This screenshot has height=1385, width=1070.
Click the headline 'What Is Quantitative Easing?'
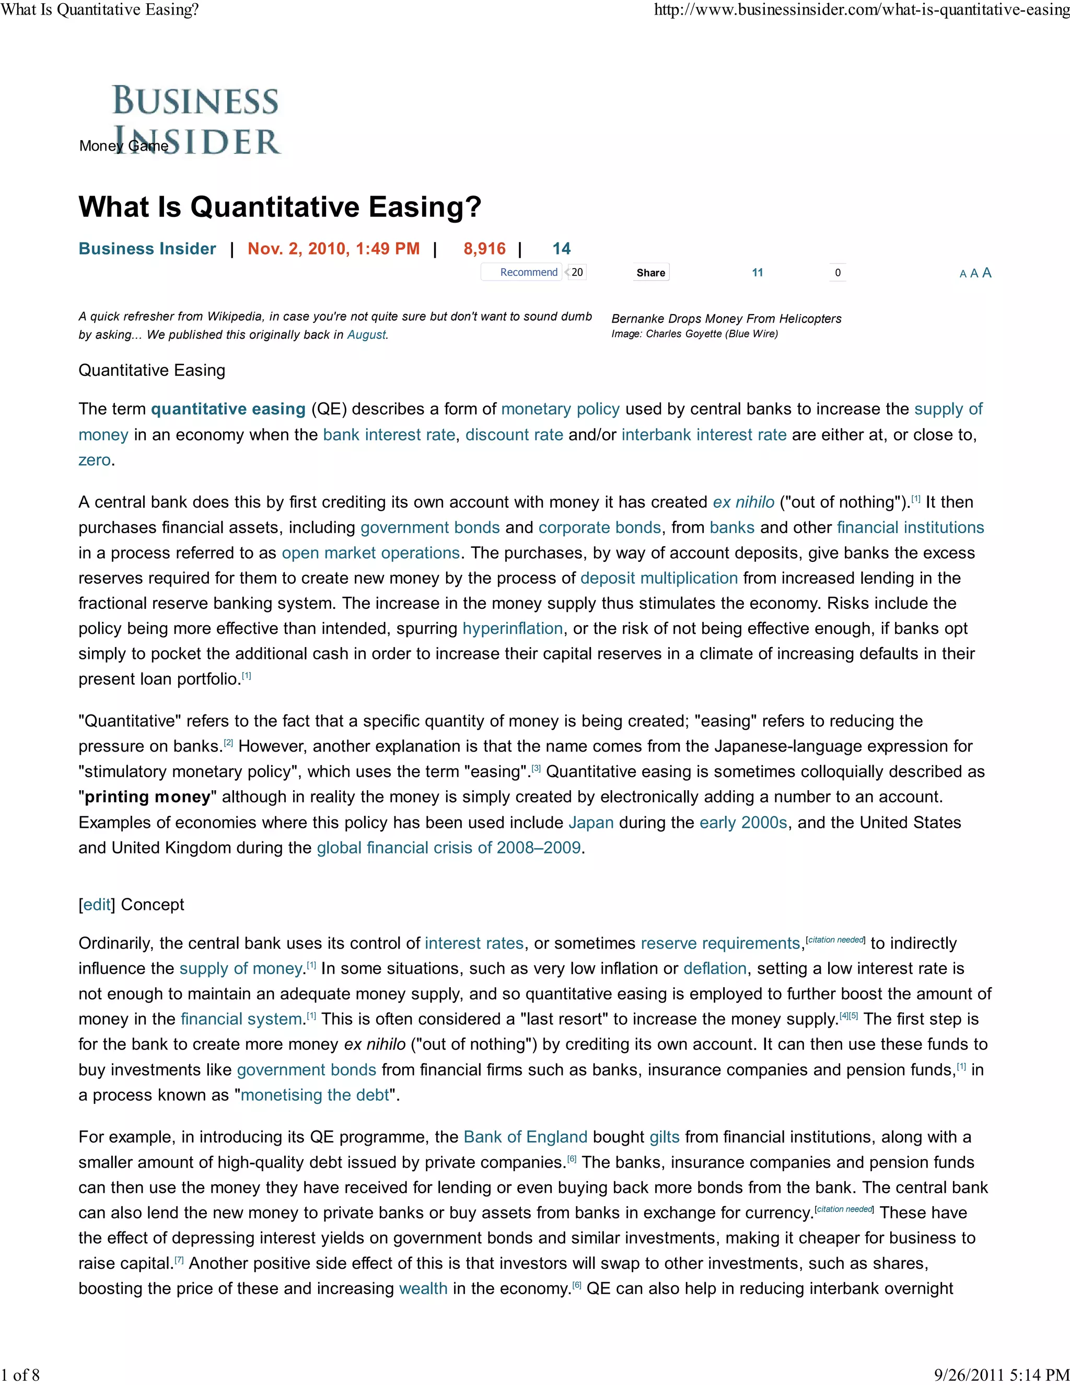pos(280,207)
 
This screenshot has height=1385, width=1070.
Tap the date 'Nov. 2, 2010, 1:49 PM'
pos(333,249)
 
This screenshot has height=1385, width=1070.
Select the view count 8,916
pos(484,249)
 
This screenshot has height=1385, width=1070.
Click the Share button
pos(650,273)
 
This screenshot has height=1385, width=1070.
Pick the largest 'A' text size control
pos(986,273)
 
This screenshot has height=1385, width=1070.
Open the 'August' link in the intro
pos(366,335)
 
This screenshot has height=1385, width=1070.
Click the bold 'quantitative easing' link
pos(228,409)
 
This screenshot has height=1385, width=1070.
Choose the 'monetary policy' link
pos(561,409)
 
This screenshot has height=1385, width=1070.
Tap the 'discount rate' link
pos(514,435)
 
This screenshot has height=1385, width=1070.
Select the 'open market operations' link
pos(371,553)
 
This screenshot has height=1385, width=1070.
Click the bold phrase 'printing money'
pos(147,797)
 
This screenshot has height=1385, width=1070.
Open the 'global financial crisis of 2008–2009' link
pos(449,848)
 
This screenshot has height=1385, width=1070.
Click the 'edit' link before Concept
pos(97,904)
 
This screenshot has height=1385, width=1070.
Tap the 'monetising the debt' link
pos(315,1095)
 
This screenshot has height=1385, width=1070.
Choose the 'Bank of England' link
pos(526,1137)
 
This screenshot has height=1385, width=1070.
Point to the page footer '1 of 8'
pos(20,1375)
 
